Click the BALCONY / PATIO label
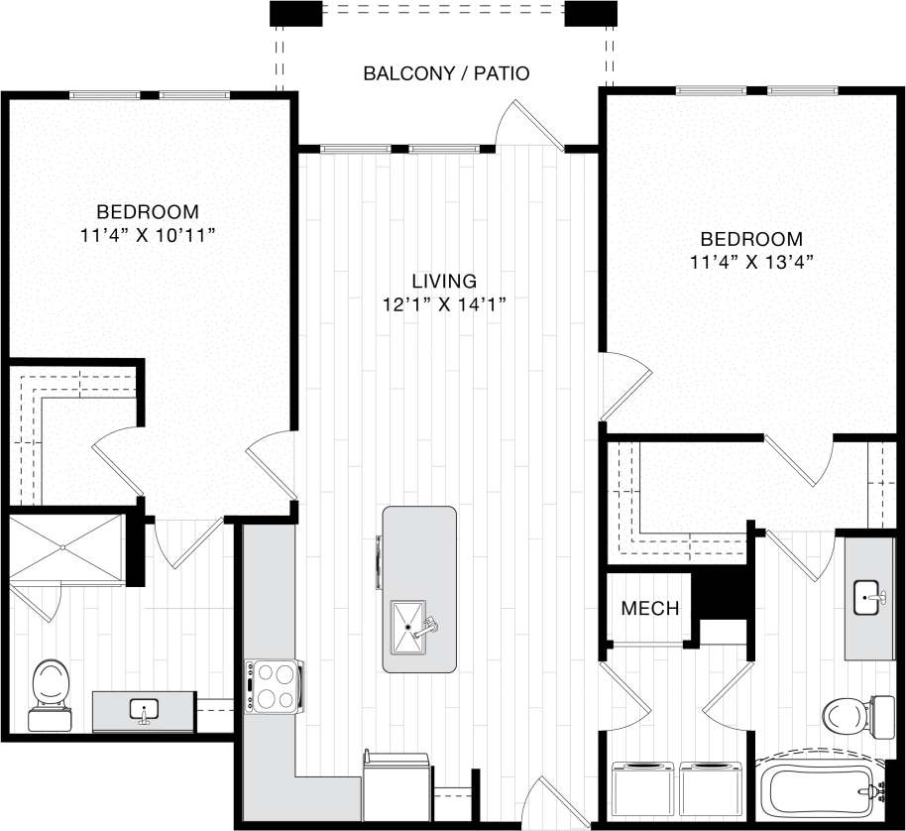(446, 73)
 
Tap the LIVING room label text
(445, 281)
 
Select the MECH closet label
(650, 608)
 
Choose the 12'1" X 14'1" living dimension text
(445, 304)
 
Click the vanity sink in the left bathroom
(145, 711)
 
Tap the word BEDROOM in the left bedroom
(147, 211)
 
